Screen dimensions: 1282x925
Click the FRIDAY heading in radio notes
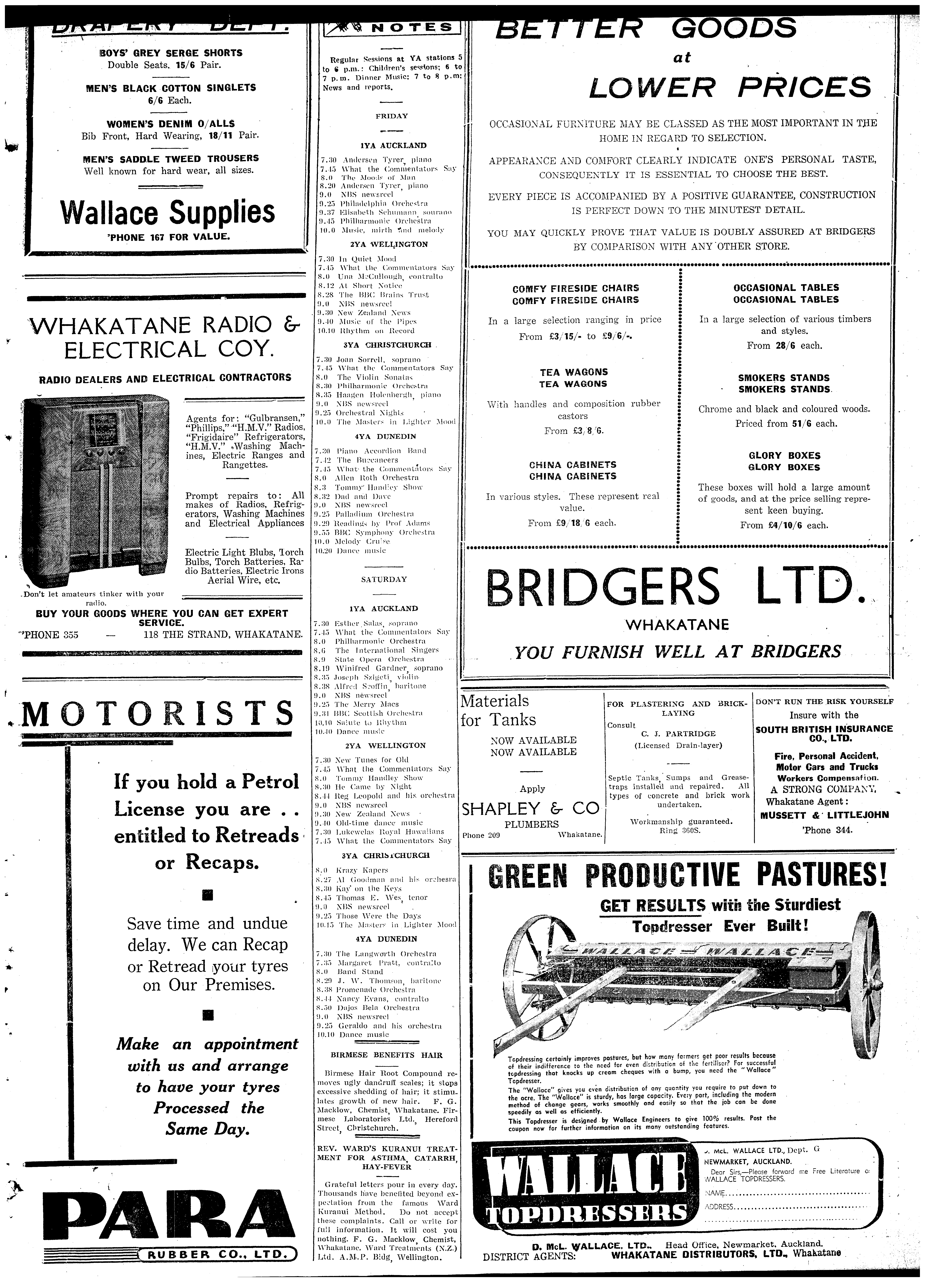coord(392,116)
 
